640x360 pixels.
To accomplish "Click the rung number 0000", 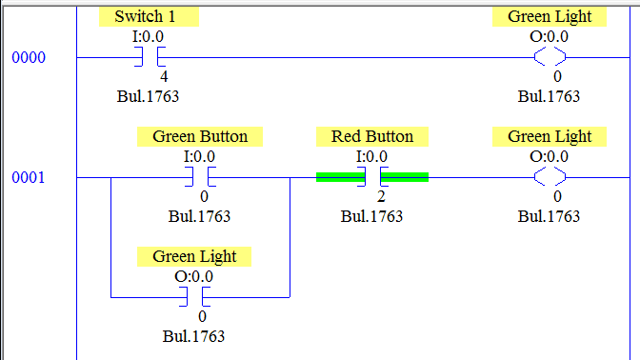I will pos(28,58).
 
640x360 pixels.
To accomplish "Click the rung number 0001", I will pos(28,178).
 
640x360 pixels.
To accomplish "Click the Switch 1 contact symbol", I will pos(148,58).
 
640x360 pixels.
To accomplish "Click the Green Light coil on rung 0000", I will pos(549,58).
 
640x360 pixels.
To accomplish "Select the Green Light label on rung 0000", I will pos(549,17).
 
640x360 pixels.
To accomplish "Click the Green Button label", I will pos(200,137).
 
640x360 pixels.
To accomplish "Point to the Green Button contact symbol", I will pos(200,178).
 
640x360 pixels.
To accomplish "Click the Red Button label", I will pos(372,137).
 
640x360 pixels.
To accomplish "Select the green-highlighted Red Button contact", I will pos(372,178).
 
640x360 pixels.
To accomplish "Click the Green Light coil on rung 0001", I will pos(549,178).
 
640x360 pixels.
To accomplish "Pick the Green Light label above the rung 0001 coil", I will pos(549,137).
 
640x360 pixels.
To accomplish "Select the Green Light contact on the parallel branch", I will pos(194,298).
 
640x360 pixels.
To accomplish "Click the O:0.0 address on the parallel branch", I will pos(194,276).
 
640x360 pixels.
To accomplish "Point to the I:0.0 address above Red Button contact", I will pos(371,156).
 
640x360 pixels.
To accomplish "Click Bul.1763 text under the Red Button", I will pos(371,216).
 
